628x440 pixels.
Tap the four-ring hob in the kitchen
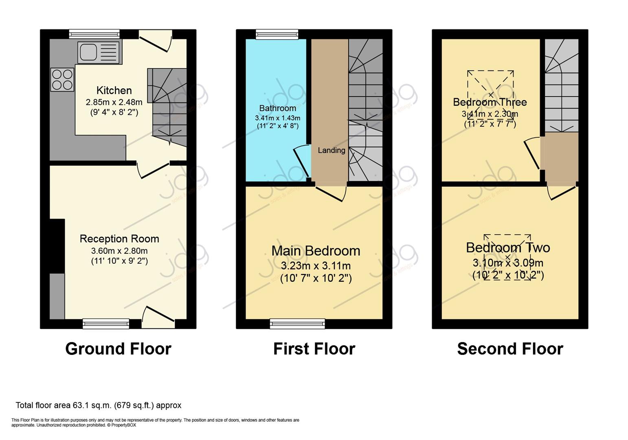coord(62,79)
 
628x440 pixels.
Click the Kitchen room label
coord(114,90)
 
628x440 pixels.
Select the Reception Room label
coord(119,239)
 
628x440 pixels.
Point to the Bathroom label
coord(278,108)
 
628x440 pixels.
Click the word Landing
coord(332,150)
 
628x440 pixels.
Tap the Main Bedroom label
coord(316,251)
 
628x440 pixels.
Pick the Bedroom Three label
coord(490,102)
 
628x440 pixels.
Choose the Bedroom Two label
coord(508,248)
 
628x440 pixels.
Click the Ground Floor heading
coord(118,349)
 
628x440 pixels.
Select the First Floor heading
coord(314,349)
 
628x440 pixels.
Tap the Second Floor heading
coord(510,349)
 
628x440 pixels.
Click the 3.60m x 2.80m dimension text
coord(119,251)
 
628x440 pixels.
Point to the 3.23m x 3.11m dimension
coord(316,266)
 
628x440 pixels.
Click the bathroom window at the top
coord(277,34)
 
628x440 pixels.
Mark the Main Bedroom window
coord(297,324)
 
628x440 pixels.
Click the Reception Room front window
coord(106,324)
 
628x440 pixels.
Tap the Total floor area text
coord(99,405)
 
